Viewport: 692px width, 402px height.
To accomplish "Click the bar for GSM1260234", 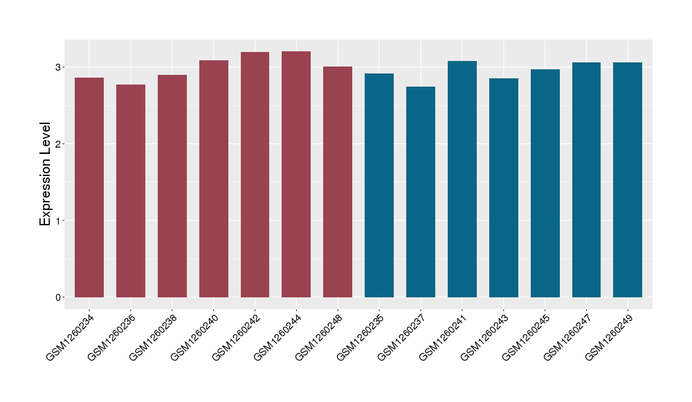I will click(89, 187).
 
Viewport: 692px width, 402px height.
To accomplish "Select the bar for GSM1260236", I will click(131, 191).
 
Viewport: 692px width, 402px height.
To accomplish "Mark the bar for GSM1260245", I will click(545, 183).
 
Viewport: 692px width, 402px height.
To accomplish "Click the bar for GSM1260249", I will click(628, 180).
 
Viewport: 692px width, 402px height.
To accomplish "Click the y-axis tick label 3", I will click(60, 67).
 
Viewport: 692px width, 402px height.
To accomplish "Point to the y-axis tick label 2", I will click(60, 144).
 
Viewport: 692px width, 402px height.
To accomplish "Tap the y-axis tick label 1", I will click(60, 220).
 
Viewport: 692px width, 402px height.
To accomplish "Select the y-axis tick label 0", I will click(60, 297).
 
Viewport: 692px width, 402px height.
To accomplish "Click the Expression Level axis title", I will click(46, 174).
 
